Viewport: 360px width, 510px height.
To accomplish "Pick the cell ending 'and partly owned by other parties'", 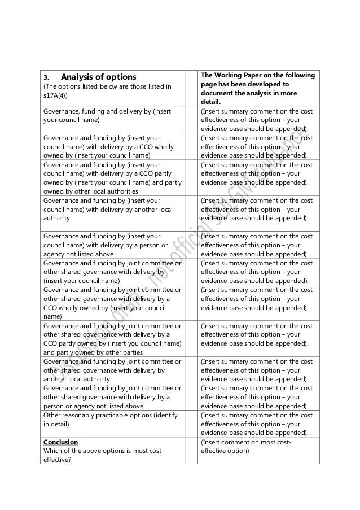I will click(x=112, y=338).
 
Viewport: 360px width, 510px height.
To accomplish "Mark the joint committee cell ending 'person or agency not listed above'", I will click(x=112, y=396).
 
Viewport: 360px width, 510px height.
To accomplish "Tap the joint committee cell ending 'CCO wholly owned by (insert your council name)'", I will click(x=112, y=303).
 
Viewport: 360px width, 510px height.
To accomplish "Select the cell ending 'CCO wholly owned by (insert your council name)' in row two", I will click(x=112, y=146).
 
